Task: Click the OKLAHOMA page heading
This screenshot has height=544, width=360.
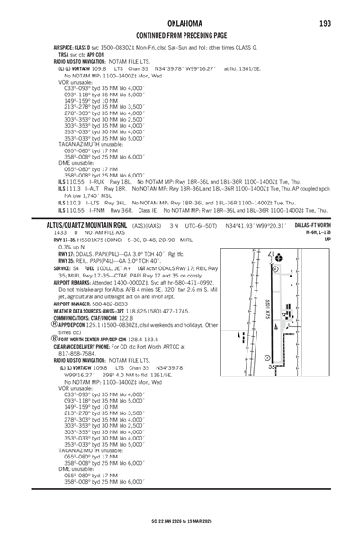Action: (x=180, y=23)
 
